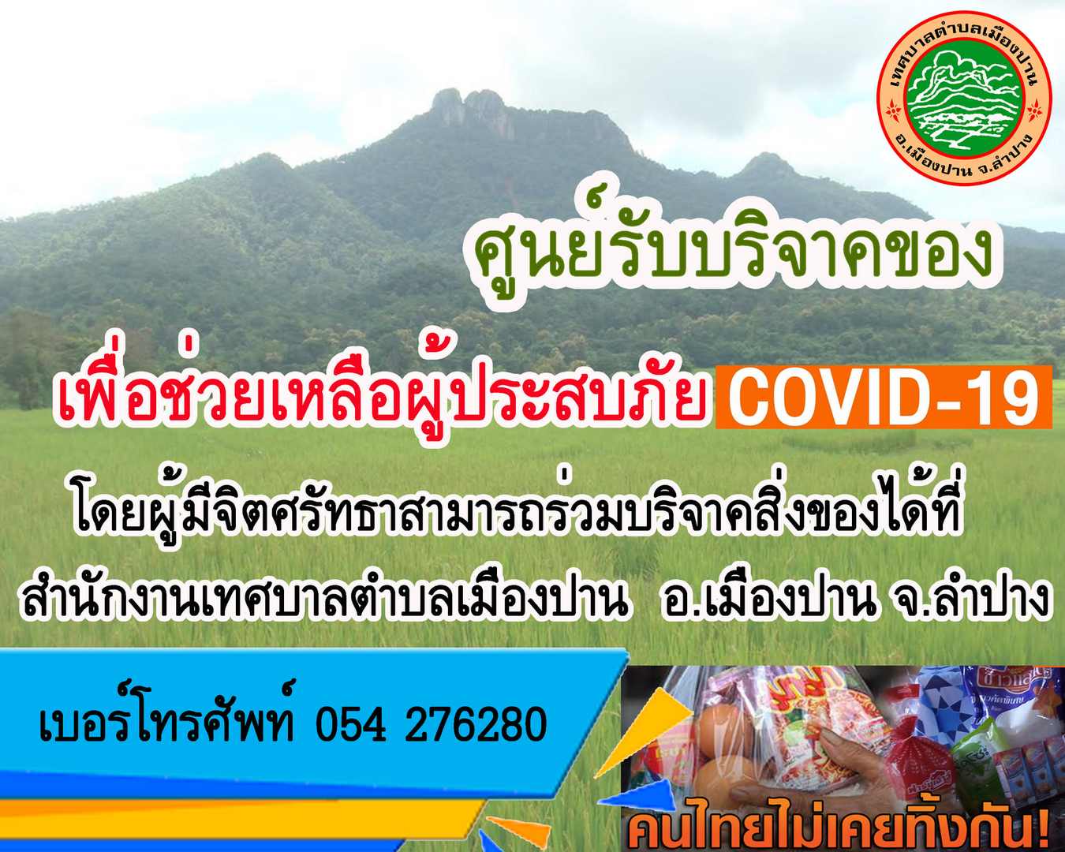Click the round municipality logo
(963, 97)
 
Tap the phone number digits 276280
(476, 724)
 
